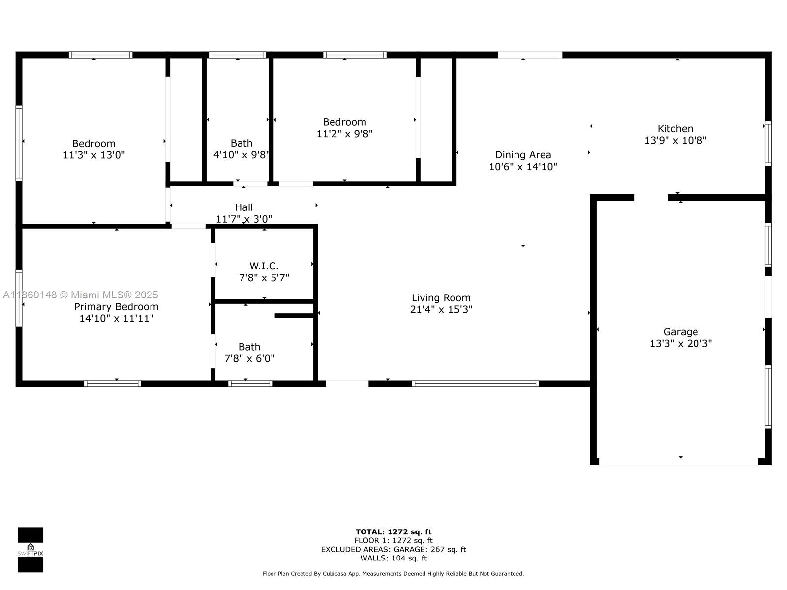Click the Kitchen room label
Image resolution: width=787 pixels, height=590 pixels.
click(x=675, y=129)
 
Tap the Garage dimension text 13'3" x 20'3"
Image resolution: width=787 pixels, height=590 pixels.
click(x=680, y=343)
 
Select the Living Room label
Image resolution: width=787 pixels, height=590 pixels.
click(x=441, y=298)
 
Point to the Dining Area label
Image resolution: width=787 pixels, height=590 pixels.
click(x=522, y=155)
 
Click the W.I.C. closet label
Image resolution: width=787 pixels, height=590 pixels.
click(x=264, y=266)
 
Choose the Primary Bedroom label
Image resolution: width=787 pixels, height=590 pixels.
click(x=116, y=307)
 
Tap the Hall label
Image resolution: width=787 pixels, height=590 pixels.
click(x=243, y=207)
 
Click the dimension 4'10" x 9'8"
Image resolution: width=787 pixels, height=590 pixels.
click(x=241, y=155)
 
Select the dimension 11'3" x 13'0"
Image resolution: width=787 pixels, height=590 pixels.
click(x=93, y=155)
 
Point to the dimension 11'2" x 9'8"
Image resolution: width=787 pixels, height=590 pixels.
click(x=344, y=134)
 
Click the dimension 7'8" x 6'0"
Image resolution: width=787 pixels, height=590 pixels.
click(x=249, y=358)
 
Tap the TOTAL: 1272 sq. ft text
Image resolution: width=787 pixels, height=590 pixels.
click(x=393, y=531)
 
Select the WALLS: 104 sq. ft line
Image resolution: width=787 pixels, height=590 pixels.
click(x=393, y=558)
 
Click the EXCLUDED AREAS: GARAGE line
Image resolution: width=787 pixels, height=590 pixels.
click(x=393, y=549)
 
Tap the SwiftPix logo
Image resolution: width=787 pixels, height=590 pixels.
click(x=30, y=550)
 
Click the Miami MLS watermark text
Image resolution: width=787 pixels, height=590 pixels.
click(x=81, y=295)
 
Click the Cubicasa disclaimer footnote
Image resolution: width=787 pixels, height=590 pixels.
click(x=393, y=573)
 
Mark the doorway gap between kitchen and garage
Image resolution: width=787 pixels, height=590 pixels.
click(x=650, y=198)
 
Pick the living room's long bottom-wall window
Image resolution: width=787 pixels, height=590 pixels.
click(x=475, y=383)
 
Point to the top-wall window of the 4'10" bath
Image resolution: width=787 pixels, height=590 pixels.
click(x=237, y=55)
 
